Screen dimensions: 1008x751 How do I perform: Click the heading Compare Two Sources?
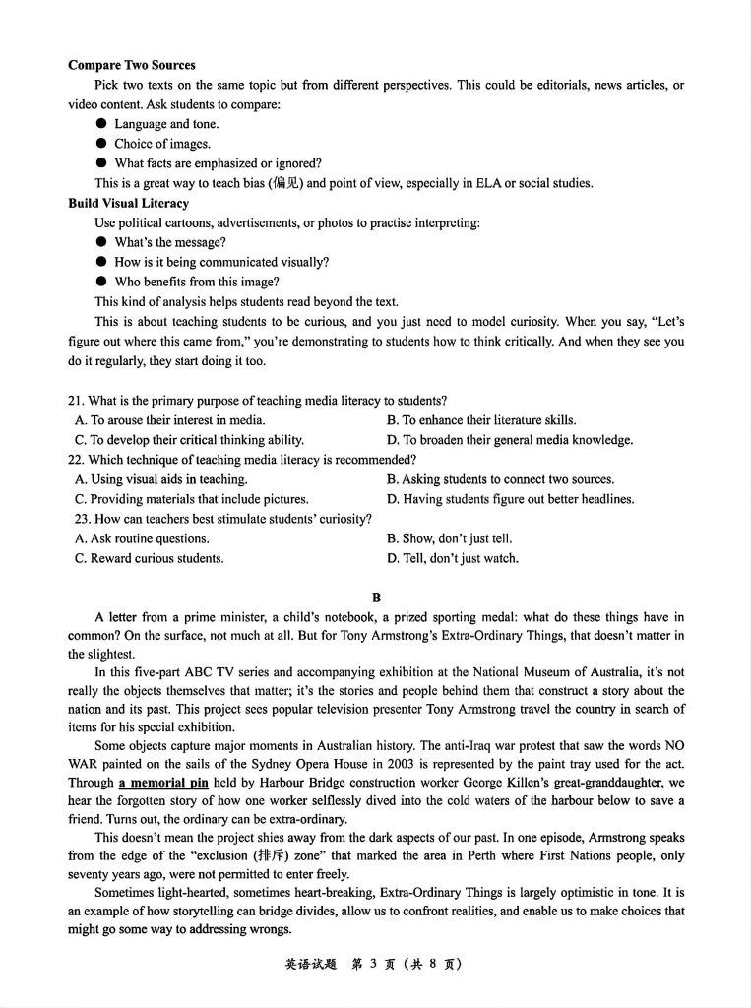[131, 65]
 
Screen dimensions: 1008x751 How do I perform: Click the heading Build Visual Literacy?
[128, 203]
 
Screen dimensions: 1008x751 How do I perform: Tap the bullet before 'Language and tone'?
[101, 124]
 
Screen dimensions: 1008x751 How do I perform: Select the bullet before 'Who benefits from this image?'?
[101, 282]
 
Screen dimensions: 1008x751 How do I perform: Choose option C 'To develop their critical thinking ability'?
[189, 440]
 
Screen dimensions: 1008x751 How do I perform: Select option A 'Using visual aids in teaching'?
[160, 479]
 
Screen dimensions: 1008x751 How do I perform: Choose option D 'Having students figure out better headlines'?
[510, 499]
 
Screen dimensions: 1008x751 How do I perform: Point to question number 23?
[83, 519]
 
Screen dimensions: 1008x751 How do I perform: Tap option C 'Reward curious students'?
[150, 558]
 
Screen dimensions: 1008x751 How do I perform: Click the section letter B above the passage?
[376, 598]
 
